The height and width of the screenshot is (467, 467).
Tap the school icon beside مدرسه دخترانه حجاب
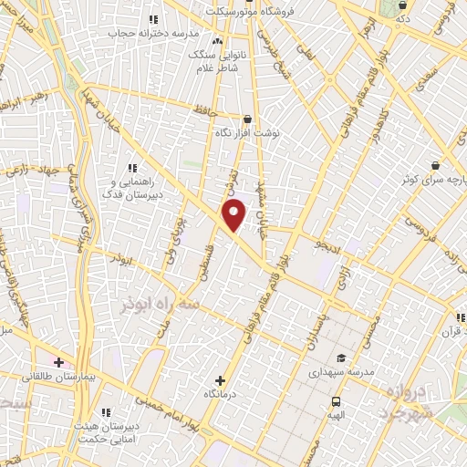click(152, 18)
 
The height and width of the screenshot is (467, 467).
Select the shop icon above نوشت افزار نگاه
click(247, 119)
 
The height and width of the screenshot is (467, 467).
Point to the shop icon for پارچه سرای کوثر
click(434, 165)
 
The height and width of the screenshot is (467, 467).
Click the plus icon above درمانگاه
click(219, 379)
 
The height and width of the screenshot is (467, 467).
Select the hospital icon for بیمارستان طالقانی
click(59, 362)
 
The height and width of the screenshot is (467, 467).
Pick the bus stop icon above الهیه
click(336, 401)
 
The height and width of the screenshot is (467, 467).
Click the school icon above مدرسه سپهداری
click(340, 358)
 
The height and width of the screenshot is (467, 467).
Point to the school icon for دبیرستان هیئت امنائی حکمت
click(106, 412)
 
